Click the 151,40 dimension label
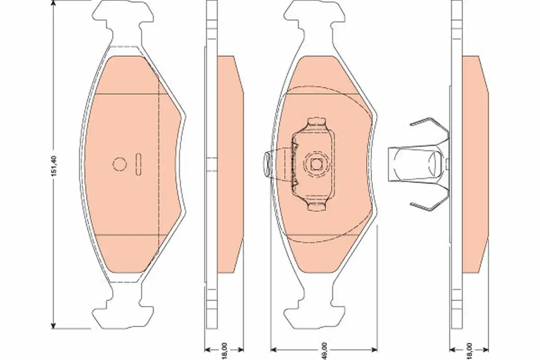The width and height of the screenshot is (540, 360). point(54,166)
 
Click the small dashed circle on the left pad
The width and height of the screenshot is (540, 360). point(120,164)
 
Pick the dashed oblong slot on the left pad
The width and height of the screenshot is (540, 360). point(139,164)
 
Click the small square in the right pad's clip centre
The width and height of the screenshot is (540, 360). point(316,164)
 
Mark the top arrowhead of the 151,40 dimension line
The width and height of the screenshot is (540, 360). point(54,4)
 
